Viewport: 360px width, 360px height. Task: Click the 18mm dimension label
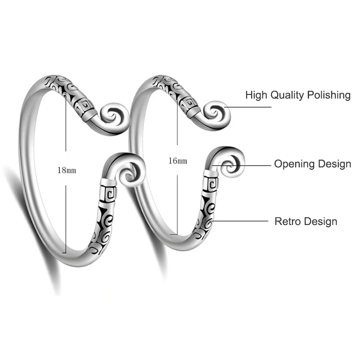click(x=67, y=171)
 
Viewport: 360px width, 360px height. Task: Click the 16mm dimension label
click(x=178, y=161)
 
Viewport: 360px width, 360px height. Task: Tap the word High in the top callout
click(x=256, y=95)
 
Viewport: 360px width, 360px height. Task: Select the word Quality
click(x=287, y=95)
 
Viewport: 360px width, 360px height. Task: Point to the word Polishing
click(x=329, y=95)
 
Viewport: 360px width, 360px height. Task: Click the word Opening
click(x=295, y=164)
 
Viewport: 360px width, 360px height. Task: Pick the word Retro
click(x=288, y=221)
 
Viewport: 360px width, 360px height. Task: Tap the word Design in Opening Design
click(x=334, y=164)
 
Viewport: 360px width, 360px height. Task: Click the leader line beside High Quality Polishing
click(x=248, y=107)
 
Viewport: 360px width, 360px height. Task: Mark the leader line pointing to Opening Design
click(x=242, y=165)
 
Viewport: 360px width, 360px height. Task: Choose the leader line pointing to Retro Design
click(x=238, y=221)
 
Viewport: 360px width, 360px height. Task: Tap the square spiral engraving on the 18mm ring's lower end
click(x=108, y=194)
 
